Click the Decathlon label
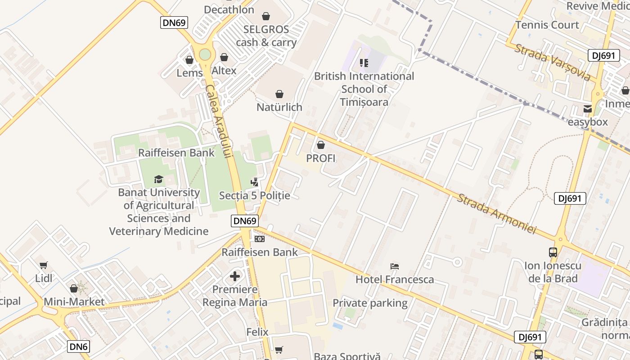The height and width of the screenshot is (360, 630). pos(229,9)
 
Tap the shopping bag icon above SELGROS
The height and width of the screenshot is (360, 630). pos(266,17)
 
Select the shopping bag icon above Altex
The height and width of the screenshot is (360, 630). pos(224,57)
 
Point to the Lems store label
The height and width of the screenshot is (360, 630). pos(189,72)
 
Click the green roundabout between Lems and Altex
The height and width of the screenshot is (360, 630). pos(205,54)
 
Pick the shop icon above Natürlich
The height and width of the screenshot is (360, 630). pos(279,94)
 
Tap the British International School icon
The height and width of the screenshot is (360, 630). pos(364,63)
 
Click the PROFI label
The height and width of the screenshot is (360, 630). pos(321,158)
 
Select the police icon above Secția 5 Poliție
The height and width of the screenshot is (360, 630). pos(254,182)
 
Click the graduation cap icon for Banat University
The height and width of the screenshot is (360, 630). pos(158,180)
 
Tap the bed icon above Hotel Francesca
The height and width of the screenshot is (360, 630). pos(395,266)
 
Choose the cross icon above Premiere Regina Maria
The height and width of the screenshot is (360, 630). pos(235,276)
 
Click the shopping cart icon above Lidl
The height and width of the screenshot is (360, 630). pos(43,265)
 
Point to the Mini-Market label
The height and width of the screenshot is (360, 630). pos(74,301)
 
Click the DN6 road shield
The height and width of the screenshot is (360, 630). pos(79,346)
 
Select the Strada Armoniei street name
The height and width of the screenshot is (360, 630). pos(497,214)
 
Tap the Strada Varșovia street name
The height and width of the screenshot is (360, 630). pos(553,63)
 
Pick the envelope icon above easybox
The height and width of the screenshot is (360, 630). pos(587,109)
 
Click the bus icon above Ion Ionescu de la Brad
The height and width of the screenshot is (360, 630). pos(553,252)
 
